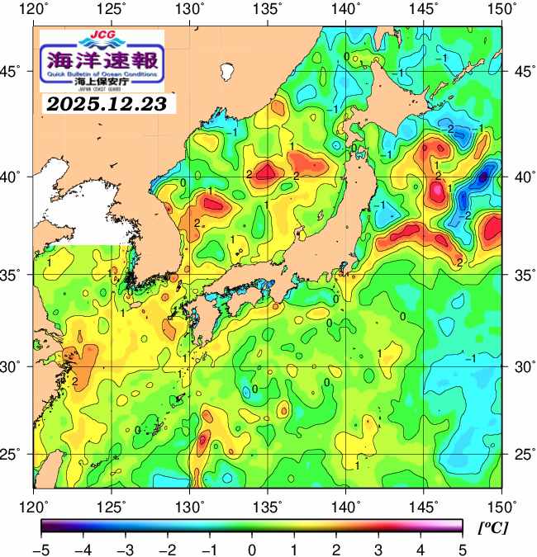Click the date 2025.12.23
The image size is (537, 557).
[107, 104]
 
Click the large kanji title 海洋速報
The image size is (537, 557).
[102, 59]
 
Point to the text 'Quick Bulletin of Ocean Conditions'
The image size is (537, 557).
[102, 75]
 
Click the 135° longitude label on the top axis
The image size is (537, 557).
[269, 10]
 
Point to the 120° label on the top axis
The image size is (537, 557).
[36, 10]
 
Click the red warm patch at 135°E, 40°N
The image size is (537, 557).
[267, 172]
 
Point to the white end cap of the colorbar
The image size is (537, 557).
[457, 526]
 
